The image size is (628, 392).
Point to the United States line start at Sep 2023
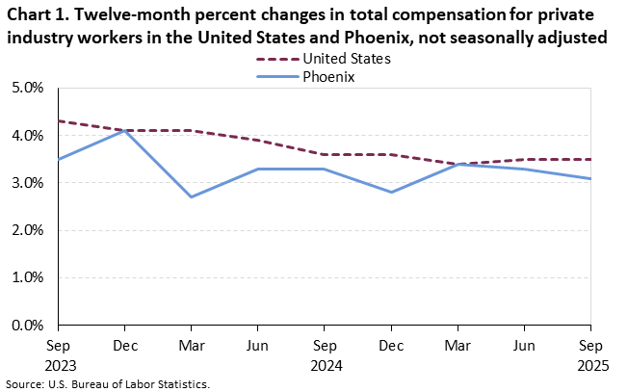click(59, 120)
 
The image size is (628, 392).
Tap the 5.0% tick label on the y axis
click(28, 88)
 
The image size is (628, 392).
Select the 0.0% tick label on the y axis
click(28, 325)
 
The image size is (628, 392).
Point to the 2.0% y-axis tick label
click(28, 230)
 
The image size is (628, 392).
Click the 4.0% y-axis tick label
click(28, 136)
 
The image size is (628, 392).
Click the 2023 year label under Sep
click(60, 365)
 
